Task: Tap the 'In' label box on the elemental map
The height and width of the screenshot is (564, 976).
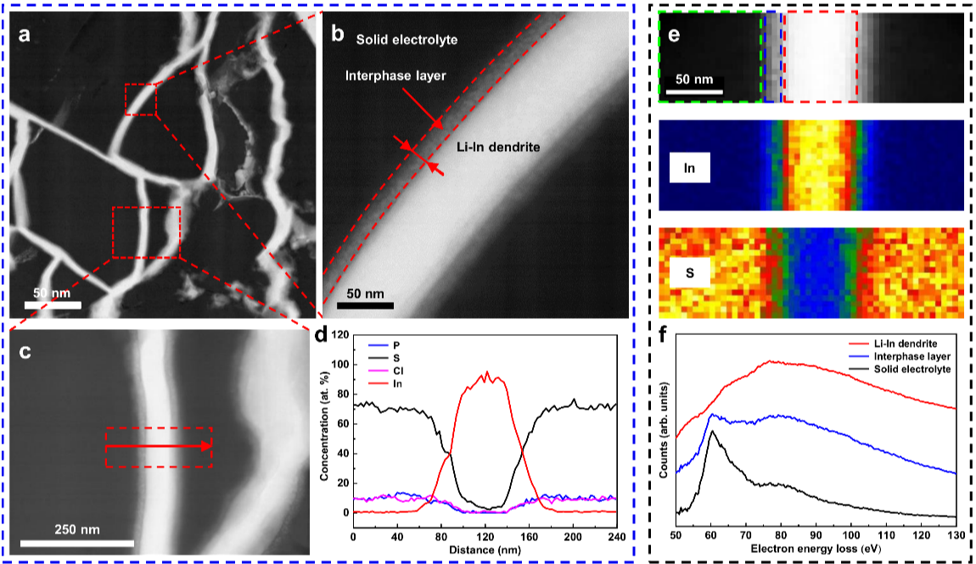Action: click(x=690, y=167)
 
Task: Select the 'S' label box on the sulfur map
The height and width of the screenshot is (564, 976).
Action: click(x=690, y=275)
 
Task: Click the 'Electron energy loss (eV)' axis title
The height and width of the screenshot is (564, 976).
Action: click(x=816, y=550)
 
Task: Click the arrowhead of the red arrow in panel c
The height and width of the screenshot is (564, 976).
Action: click(x=206, y=445)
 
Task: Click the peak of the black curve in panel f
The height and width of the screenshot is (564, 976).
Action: click(x=713, y=432)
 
